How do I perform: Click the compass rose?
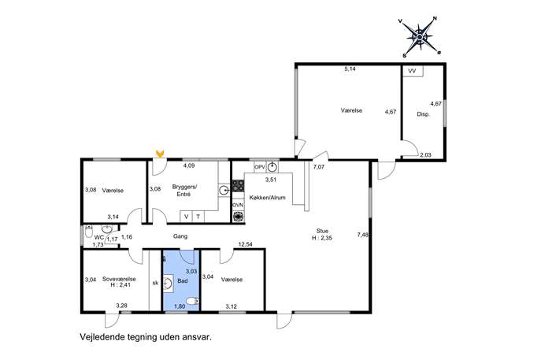(x=420, y=37)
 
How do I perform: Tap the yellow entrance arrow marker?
(x=159, y=154)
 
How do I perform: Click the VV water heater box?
(x=413, y=71)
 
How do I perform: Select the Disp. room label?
(x=424, y=114)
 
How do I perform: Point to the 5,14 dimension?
(x=350, y=69)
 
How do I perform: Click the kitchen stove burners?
(x=238, y=186)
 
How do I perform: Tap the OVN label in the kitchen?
(x=238, y=205)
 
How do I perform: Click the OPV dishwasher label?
(x=260, y=167)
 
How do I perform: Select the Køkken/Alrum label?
(x=268, y=198)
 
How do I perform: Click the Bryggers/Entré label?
(x=184, y=191)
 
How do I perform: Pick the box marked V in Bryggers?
(x=187, y=217)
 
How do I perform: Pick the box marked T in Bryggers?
(x=198, y=217)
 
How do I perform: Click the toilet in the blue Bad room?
(x=193, y=301)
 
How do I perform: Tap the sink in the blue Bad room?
(x=168, y=284)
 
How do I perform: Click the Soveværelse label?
(x=119, y=279)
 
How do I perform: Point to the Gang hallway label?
(x=180, y=236)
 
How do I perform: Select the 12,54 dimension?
(x=246, y=244)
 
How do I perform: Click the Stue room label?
(x=322, y=231)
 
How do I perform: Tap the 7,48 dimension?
(x=362, y=235)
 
